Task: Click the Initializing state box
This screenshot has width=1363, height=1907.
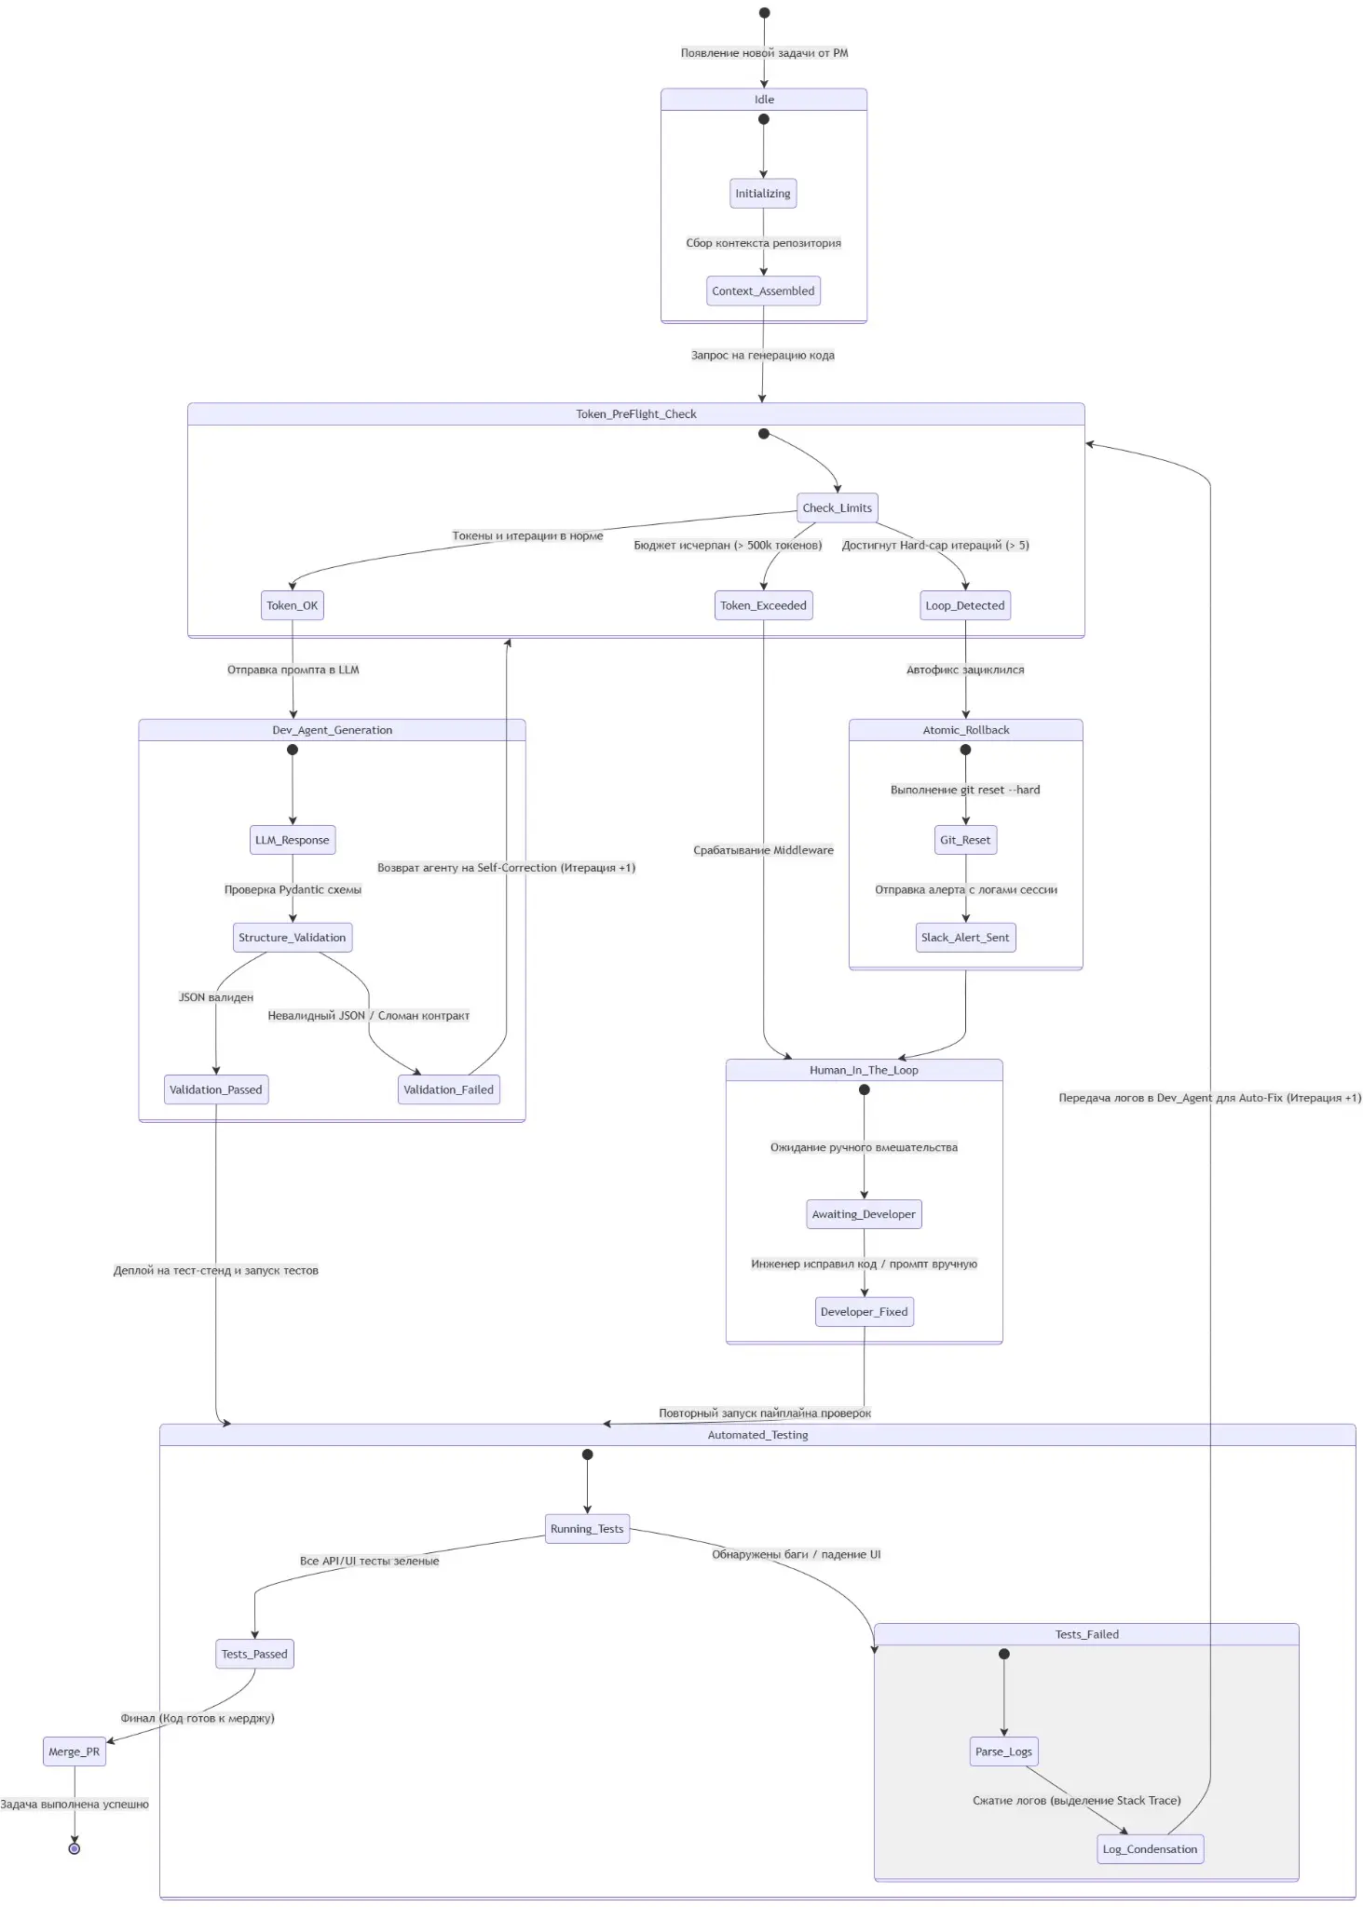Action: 763,194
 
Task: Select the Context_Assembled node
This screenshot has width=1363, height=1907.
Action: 763,291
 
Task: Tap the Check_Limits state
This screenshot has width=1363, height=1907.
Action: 838,507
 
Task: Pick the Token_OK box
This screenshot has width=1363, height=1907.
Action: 293,605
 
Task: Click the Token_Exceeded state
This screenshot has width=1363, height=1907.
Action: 763,605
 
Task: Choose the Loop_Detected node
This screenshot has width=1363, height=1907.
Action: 965,605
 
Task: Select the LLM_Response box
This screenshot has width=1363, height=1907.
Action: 293,840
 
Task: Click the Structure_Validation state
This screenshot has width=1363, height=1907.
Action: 293,938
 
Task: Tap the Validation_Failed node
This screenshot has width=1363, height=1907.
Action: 449,1089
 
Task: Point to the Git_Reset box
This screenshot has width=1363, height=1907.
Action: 965,840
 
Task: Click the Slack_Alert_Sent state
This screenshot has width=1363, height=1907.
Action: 965,938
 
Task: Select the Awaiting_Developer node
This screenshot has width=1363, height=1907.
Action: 864,1214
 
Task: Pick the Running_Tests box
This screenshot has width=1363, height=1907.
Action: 587,1529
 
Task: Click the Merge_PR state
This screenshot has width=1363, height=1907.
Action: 75,1751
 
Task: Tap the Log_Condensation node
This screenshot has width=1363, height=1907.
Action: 1151,1849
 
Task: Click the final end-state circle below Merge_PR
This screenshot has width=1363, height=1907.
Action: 75,1848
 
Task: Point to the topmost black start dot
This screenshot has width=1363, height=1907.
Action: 764,13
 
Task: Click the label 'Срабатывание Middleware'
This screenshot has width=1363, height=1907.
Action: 764,850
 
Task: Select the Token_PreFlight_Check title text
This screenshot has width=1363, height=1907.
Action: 636,414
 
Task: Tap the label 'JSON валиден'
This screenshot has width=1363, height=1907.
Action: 216,997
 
